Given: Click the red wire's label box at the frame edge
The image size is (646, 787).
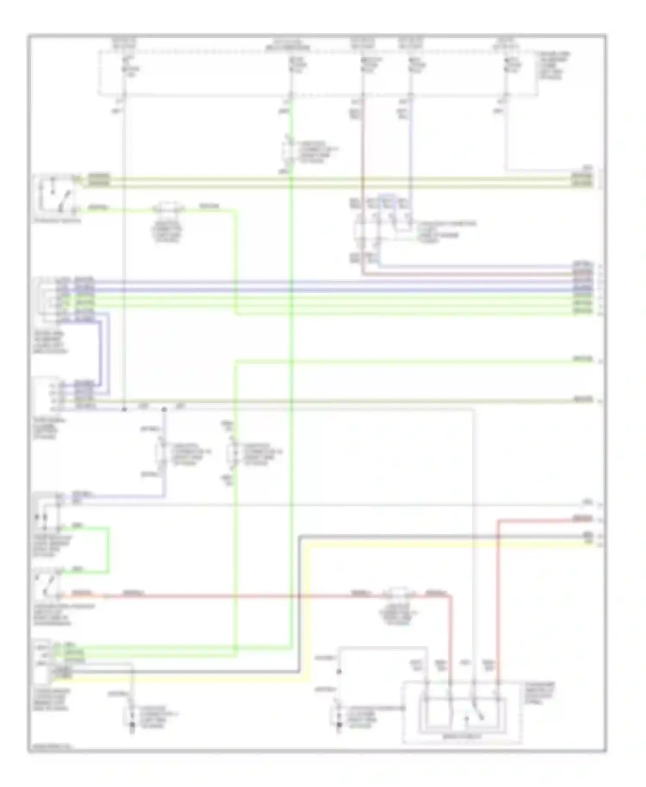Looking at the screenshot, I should click(582, 518).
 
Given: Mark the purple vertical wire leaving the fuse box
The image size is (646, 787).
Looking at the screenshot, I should click(410, 142).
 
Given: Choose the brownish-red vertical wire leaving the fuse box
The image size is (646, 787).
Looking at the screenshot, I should click(363, 142).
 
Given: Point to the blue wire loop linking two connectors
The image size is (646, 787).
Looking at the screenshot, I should click(103, 353).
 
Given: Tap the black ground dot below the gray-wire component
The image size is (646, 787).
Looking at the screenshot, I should click(132, 725).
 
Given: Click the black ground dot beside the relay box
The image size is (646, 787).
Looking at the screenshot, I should click(339, 725).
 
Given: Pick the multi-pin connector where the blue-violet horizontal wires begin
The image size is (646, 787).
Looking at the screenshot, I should click(47, 299).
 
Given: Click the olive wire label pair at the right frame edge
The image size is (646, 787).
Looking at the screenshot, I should click(582, 180).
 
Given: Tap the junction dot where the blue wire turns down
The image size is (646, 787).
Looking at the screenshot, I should click(164, 409).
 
